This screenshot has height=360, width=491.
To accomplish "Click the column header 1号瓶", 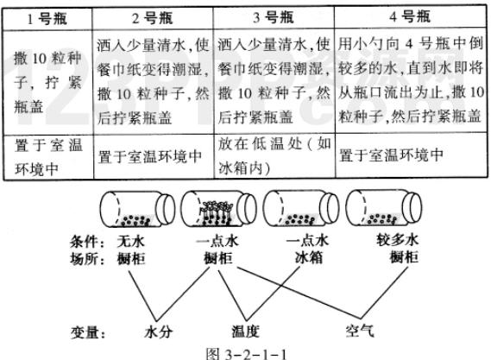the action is [x=47, y=19].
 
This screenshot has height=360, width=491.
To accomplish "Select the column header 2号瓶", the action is [x=152, y=18].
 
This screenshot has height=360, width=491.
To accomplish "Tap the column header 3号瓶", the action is [x=274, y=17].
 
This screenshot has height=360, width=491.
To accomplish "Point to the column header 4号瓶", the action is [x=410, y=16].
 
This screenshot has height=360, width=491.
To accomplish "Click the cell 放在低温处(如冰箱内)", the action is [x=274, y=155].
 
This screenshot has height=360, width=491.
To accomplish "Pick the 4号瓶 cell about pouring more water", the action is [x=411, y=80].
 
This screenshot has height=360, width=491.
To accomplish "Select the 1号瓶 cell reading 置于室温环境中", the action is [x=48, y=157].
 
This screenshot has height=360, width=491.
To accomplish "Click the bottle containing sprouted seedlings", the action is [x=218, y=208].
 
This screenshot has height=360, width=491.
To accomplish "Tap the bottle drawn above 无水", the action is [x=137, y=208].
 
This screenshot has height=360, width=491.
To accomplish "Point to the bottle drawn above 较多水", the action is [x=384, y=208].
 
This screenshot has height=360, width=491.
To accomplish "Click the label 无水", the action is [x=131, y=241].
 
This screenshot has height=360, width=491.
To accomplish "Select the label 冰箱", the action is [x=308, y=258].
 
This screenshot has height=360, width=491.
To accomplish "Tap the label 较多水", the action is [x=397, y=240].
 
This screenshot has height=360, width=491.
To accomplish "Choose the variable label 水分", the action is [x=159, y=332].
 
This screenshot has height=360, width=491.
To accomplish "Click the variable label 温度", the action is [x=245, y=332].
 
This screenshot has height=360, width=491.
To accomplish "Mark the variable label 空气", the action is [x=360, y=331].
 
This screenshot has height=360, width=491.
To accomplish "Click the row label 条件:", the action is [x=88, y=242].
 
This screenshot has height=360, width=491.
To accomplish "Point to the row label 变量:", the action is [x=88, y=332].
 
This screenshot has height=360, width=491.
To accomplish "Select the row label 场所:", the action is [x=88, y=259].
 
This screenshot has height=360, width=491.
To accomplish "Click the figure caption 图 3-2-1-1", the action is [x=246, y=354].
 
